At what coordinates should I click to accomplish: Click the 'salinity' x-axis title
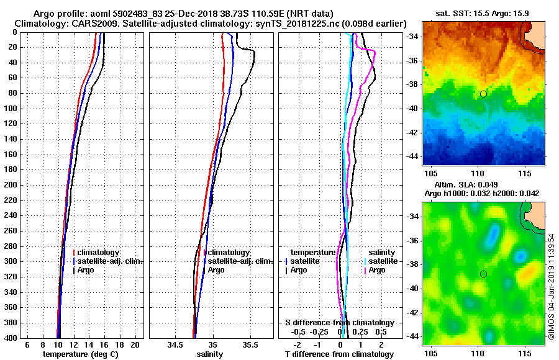point(209,354)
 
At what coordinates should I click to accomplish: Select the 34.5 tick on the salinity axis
point(175,344)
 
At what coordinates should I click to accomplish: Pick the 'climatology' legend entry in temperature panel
point(99,253)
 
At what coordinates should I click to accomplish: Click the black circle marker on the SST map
point(483,94)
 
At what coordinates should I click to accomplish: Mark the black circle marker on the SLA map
point(483,274)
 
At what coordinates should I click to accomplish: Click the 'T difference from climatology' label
point(340,354)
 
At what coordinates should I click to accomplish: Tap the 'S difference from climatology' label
point(340,323)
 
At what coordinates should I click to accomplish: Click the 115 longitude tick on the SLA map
point(525,353)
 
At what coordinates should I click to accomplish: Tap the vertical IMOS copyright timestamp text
point(552,286)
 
